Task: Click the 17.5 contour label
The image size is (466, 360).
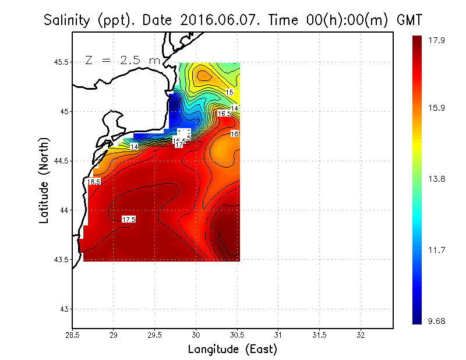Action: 129,219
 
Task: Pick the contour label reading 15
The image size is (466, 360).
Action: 230,92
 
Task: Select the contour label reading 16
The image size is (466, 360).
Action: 235,134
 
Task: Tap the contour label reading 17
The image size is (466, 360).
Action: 179,144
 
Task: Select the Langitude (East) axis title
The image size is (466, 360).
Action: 232,350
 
